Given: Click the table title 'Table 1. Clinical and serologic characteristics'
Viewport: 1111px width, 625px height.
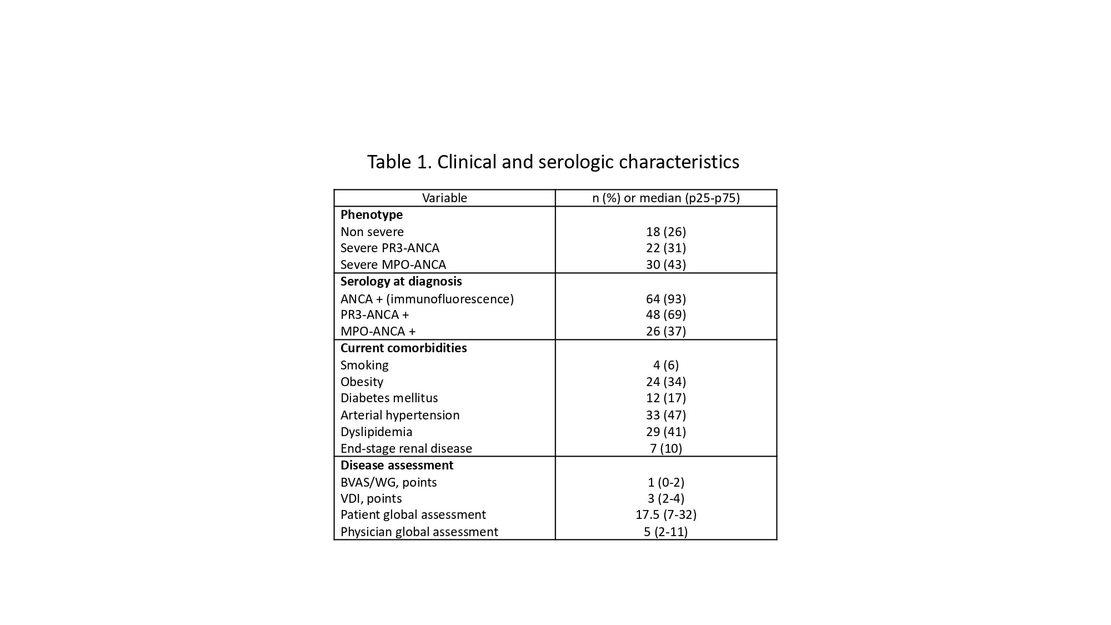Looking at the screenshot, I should [553, 162].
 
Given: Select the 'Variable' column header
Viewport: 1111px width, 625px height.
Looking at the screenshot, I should [444, 198].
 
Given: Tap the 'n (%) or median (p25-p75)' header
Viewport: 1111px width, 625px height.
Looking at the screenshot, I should [665, 198].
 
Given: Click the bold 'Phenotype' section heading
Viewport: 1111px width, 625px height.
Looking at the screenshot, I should [372, 214].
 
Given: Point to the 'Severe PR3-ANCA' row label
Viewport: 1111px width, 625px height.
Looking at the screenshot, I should [390, 248].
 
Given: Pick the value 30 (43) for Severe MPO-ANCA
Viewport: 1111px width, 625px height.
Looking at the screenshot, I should [665, 264].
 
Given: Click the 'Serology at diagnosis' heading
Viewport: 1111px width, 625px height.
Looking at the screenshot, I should [401, 281].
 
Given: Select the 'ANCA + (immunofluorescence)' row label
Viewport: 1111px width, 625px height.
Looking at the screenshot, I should [427, 299].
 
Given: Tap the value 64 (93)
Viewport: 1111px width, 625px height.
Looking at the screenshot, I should [665, 299].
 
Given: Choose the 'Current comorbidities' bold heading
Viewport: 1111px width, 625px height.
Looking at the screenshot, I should [403, 348].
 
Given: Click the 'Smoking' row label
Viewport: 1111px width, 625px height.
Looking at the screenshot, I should [364, 365].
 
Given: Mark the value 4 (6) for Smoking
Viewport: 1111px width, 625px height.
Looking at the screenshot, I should [665, 365].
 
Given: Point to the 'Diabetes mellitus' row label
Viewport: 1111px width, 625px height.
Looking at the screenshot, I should [389, 398].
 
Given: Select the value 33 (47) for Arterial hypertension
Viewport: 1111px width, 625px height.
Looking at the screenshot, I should [665, 415].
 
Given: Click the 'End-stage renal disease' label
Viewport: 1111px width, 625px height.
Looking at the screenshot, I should [406, 448].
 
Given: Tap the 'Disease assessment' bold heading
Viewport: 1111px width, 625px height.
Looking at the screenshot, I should [397, 465].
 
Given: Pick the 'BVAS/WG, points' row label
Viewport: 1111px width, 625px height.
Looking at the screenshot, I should [389, 482].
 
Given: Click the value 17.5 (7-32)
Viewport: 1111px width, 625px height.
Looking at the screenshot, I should [665, 514].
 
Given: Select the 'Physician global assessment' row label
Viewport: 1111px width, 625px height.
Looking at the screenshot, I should [419, 532].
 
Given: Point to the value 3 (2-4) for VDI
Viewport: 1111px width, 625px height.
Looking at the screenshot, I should [665, 498].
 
